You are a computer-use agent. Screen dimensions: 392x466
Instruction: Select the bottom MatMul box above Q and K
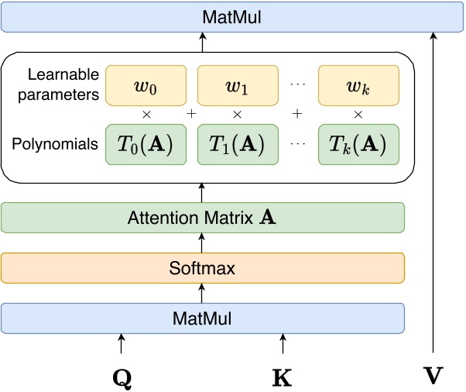[x=203, y=318]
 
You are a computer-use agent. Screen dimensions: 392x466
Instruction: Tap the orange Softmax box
[x=203, y=268]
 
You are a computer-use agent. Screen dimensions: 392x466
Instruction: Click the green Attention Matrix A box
[x=203, y=218]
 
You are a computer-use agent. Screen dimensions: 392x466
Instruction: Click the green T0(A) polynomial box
[x=145, y=144]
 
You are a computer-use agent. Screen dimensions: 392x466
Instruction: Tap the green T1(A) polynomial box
[x=238, y=144]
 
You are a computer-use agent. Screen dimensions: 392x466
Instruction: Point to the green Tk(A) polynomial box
[x=358, y=144]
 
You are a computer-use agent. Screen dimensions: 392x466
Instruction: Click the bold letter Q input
[x=122, y=377]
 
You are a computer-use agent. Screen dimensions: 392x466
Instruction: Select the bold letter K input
[x=283, y=377]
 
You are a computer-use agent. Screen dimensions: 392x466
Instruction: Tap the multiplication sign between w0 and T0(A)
[x=145, y=114]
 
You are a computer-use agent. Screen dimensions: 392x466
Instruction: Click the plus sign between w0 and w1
[x=191, y=114]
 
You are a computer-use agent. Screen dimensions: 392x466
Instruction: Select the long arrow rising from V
[x=433, y=194]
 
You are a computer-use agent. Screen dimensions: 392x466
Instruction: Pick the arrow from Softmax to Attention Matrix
[x=203, y=243]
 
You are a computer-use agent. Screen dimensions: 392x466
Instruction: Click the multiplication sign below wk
[x=358, y=114]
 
